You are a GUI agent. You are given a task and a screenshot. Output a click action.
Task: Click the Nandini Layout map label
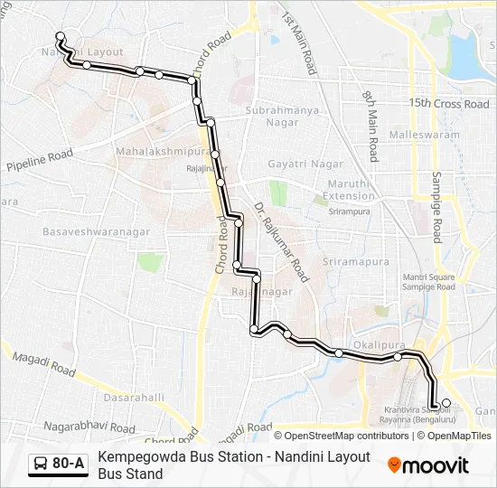(x=82, y=52)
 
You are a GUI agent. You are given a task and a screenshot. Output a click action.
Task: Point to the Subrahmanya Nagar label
(x=284, y=117)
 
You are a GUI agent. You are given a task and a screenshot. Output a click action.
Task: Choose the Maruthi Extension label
(x=349, y=190)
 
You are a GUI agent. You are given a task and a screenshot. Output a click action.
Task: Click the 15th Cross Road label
(x=448, y=104)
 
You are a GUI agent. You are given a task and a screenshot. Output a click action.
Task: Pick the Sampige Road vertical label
(x=436, y=207)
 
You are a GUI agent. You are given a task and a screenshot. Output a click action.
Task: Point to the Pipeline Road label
(x=40, y=162)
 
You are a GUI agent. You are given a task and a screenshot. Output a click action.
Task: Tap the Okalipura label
(x=376, y=344)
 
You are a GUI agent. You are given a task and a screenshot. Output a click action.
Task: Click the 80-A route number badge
(x=69, y=464)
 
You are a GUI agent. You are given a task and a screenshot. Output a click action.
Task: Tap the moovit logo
(x=428, y=465)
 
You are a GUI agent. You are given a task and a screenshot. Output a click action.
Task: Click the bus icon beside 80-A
(x=42, y=465)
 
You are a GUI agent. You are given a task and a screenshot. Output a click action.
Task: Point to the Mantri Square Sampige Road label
(x=416, y=281)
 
